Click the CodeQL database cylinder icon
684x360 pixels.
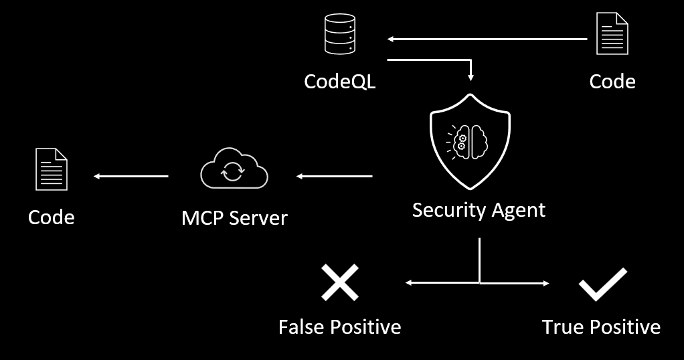339,36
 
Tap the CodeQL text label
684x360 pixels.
339,81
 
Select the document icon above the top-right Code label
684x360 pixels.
612,36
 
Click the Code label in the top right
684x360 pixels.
612,81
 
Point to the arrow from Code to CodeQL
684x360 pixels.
487,39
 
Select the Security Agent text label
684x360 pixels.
479,210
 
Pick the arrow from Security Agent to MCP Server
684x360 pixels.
334,177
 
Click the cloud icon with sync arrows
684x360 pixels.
234,170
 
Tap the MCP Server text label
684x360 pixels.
234,217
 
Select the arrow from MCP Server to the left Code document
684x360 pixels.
131,177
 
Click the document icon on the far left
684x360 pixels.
52,169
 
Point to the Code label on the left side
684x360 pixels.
52,217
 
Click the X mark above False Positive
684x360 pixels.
339,282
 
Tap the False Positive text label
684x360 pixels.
339,327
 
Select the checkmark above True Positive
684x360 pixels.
602,284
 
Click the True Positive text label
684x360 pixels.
601,327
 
